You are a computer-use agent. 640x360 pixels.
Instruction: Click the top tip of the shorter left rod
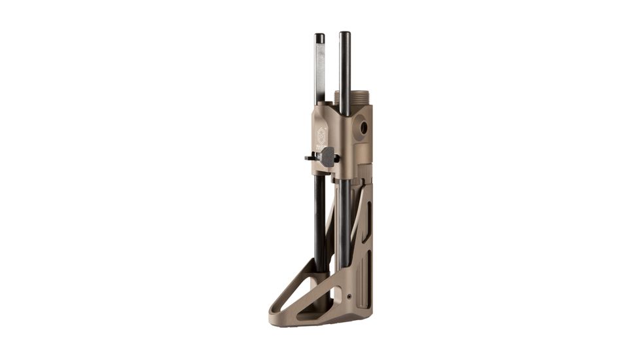pos(319,37)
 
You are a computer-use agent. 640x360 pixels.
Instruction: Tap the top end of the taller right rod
pos(344,34)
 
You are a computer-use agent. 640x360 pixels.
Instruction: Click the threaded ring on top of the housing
pos(353,98)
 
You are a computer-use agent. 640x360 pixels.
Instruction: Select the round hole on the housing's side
pos(363,128)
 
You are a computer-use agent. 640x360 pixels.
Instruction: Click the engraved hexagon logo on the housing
pos(322,134)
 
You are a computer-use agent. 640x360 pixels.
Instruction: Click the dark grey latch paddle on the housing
pos(328,156)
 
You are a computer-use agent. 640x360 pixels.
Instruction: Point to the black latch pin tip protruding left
pos(308,157)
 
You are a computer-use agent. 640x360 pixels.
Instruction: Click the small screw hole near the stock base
pos(348,297)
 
